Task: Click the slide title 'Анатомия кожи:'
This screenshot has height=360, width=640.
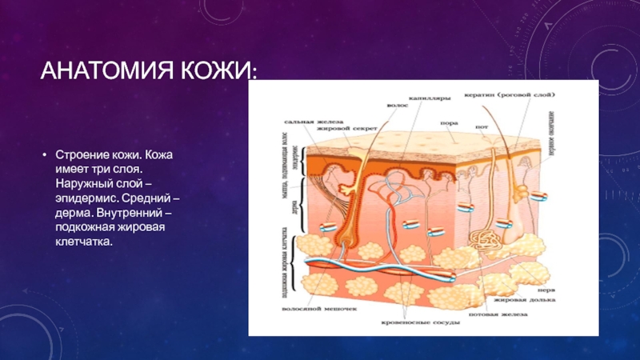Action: (x=150, y=73)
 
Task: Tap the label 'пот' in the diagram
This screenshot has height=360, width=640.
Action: (x=482, y=126)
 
